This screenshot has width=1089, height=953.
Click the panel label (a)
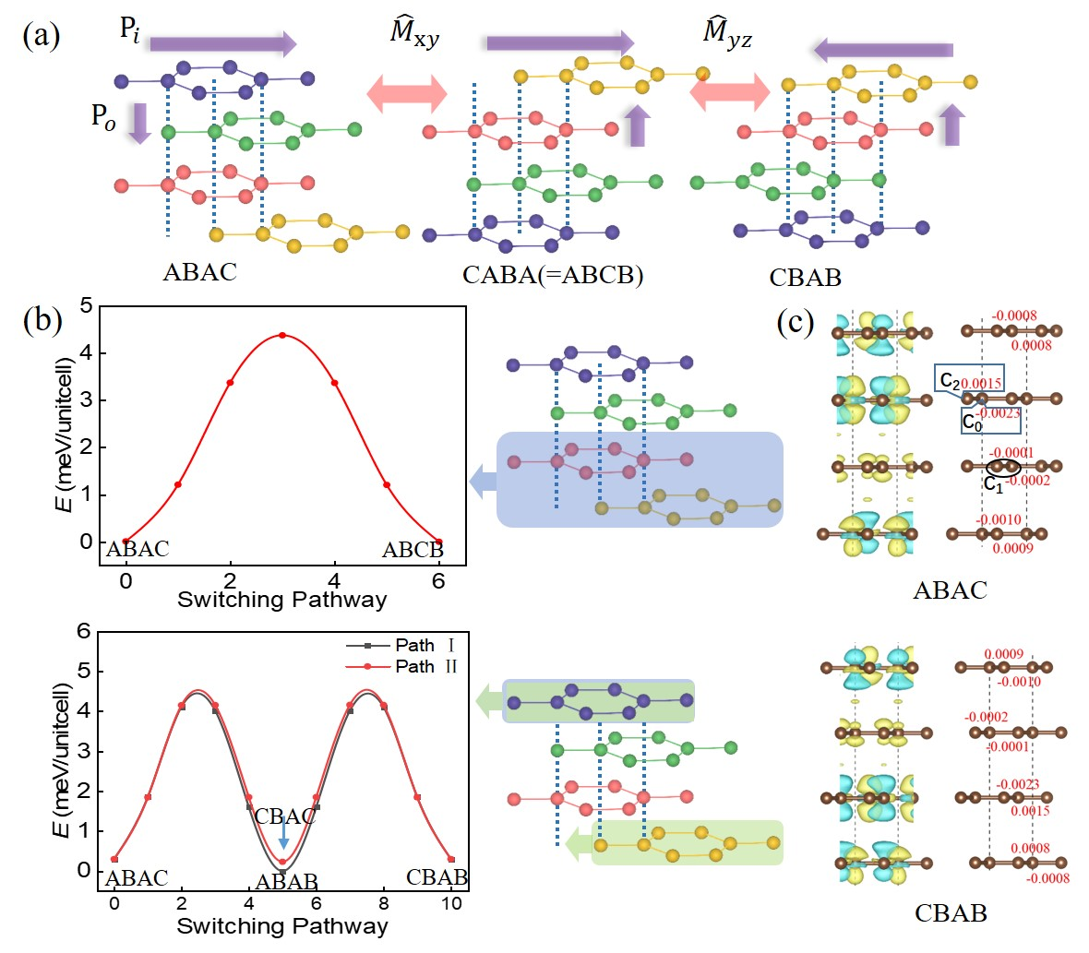tap(41, 36)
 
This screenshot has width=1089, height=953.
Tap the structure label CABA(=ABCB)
tap(552, 276)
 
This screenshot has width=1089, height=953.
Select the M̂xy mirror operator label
tap(413, 38)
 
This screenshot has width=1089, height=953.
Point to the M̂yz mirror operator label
tap(726, 38)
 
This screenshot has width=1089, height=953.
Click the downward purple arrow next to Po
tap(139, 123)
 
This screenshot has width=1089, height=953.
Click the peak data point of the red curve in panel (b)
tap(282, 335)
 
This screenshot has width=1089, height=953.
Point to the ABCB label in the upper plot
tap(413, 551)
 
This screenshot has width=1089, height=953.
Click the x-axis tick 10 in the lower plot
tap(450, 903)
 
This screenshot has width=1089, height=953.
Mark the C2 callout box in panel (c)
tap(968, 380)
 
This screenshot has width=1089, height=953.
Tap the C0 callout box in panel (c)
tap(990, 420)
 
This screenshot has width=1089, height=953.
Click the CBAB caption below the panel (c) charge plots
tap(950, 913)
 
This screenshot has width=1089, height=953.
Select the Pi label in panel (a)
tap(130, 30)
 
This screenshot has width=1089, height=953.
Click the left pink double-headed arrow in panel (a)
tap(407, 93)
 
